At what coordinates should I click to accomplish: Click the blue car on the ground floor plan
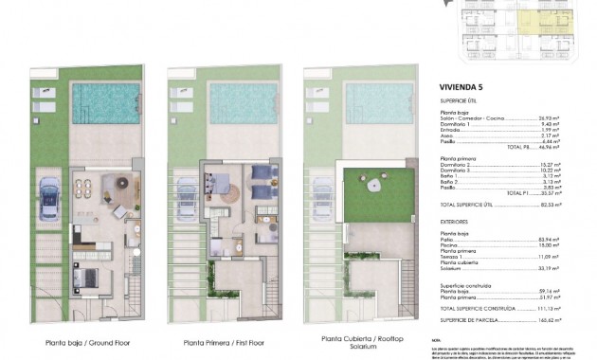47,200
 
